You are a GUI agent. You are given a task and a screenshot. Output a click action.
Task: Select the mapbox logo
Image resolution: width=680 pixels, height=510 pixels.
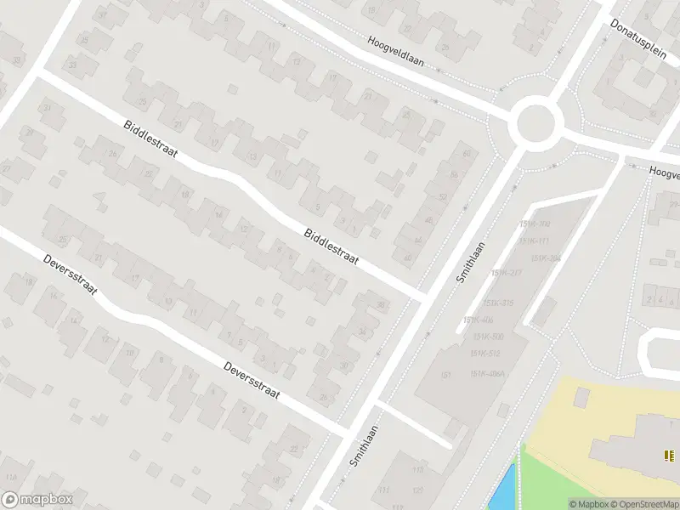click(37, 500)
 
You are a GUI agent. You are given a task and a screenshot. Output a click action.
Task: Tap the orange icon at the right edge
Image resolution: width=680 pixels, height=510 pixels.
click(668, 456)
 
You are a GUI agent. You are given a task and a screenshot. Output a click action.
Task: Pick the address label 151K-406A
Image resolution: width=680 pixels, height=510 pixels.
click(488, 373)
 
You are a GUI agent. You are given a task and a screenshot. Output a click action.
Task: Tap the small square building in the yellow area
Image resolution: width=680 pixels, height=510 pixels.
click(581, 397)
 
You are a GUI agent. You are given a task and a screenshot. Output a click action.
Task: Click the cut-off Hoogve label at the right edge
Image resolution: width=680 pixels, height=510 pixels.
click(664, 172)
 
